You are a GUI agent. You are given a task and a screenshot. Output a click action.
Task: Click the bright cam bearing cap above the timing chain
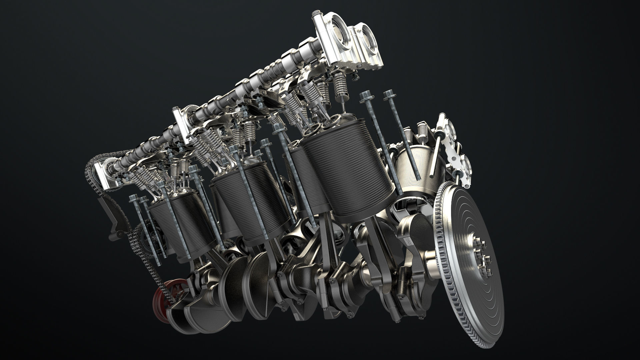point(103,173)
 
